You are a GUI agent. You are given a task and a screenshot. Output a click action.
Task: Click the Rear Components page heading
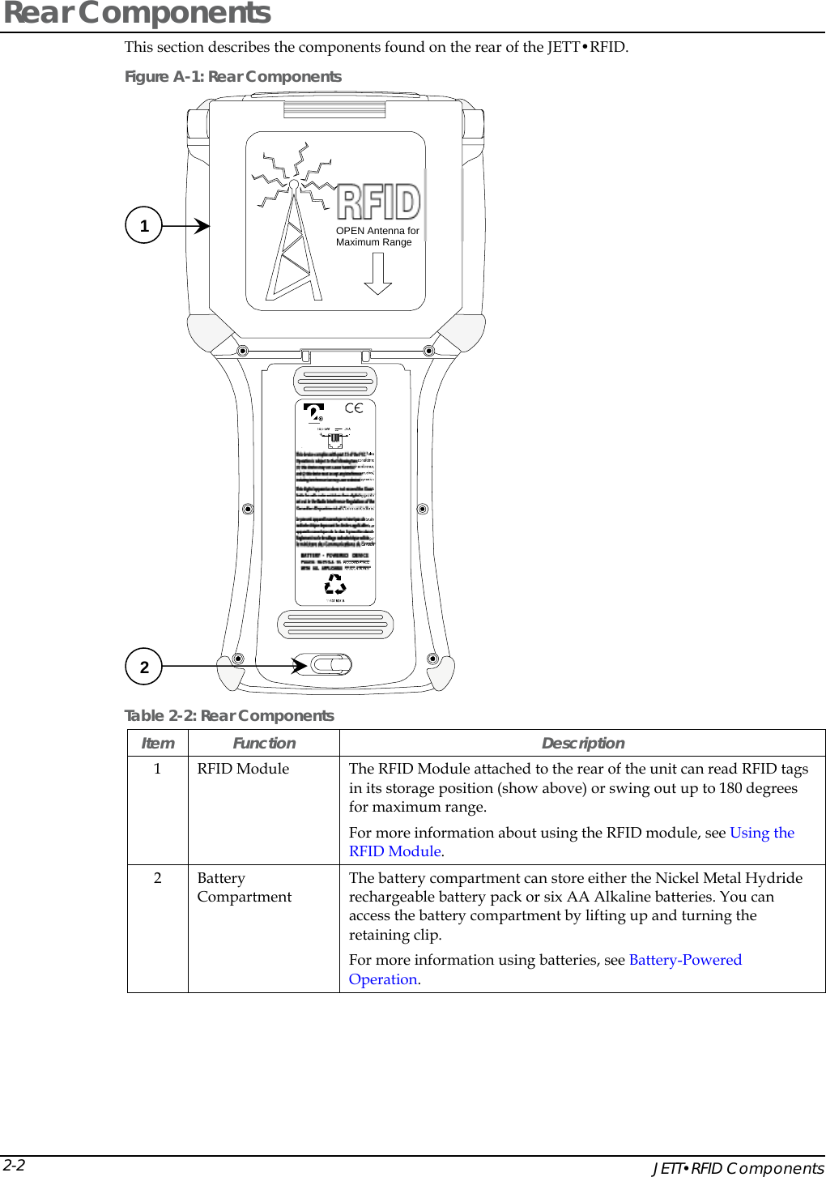click(138, 14)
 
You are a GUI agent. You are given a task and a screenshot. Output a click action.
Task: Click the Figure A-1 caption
click(232, 77)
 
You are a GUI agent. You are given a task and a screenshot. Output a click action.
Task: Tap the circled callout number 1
click(144, 225)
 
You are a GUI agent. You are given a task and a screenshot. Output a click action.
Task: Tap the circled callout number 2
click(144, 667)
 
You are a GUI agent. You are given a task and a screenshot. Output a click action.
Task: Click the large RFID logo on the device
click(378, 202)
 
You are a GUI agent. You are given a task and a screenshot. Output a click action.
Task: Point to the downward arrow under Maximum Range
click(377, 274)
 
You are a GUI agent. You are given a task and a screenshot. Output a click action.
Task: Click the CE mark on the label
click(354, 408)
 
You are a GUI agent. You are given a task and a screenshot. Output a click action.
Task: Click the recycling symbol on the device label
click(335, 584)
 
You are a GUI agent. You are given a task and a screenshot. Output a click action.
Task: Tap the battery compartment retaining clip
click(331, 665)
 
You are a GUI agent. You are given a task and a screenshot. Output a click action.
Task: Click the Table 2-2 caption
click(228, 716)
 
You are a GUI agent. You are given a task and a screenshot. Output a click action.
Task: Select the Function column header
click(264, 744)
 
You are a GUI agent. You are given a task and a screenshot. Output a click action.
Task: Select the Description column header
click(582, 744)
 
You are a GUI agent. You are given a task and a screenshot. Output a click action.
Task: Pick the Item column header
click(158, 744)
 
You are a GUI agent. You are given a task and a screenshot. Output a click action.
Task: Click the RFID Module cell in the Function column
click(243, 769)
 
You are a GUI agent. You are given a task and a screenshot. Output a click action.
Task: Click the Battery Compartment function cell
click(244, 888)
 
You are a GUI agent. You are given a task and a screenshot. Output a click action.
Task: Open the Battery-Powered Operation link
click(684, 960)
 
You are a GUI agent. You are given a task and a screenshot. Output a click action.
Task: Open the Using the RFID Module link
click(761, 833)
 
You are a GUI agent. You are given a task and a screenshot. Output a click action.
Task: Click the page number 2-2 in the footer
click(14, 1166)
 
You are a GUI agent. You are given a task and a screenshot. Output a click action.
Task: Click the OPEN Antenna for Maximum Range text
click(377, 237)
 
